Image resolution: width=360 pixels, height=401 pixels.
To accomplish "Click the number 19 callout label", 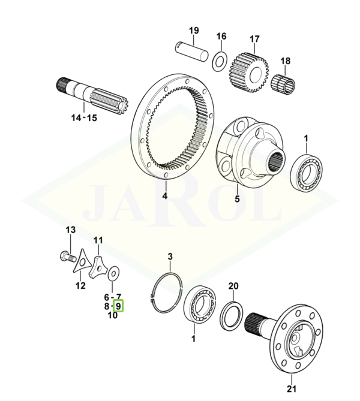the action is tap(194, 31).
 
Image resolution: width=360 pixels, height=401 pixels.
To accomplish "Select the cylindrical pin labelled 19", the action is tap(193, 52).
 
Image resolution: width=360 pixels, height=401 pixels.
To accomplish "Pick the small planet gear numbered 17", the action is tap(250, 73).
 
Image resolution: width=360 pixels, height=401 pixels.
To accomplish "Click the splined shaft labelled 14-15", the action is tap(92, 96).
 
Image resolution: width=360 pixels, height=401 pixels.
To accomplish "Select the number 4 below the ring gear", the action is tap(164, 196).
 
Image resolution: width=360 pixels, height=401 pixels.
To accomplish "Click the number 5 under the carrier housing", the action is tap(237, 198).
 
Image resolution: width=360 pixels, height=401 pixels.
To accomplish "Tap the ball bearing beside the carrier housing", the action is tap(306, 173).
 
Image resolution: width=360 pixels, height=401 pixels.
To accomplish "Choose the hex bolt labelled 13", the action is tap(68, 257).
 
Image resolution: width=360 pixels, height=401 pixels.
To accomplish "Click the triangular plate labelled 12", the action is tap(82, 261).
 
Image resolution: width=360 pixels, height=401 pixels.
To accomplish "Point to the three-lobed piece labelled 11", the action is tap(98, 268).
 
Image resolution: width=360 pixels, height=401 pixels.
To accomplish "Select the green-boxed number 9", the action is tap(118, 306).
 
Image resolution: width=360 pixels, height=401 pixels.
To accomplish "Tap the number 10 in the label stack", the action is tap(113, 315).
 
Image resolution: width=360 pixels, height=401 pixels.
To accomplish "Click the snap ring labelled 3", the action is tap(166, 293).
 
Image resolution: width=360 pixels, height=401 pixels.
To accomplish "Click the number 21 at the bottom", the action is tap(292, 389).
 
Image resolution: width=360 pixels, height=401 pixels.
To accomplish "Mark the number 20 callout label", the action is tap(233, 286).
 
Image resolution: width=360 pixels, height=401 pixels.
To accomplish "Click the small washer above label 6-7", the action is tap(114, 273).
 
